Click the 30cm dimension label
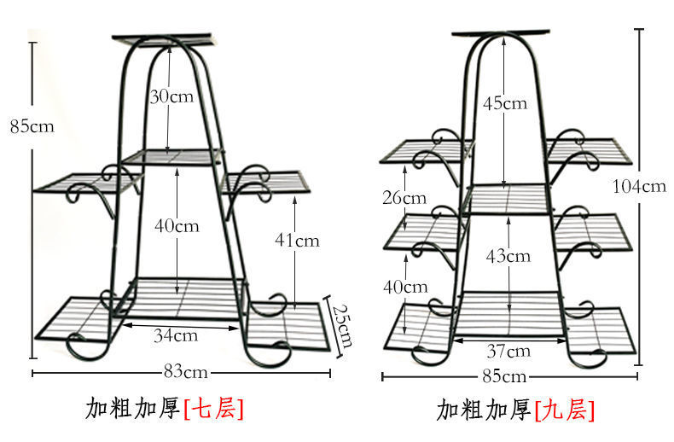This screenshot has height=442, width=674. click(x=171, y=96)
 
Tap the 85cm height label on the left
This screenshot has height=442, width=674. click(x=32, y=126)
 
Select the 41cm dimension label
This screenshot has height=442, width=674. click(x=298, y=241)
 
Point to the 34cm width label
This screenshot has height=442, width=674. click(x=176, y=334)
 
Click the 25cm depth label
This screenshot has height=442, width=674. click(x=340, y=324)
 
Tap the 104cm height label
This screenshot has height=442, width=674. click(x=639, y=186)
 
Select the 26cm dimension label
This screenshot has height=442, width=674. click(x=404, y=198)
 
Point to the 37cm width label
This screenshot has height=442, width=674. click(x=508, y=351)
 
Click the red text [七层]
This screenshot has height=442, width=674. click(x=213, y=409)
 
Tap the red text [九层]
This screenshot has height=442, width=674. click(x=565, y=410)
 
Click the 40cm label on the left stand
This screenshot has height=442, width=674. click(x=177, y=225)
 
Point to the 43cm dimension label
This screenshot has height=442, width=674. click(x=508, y=255)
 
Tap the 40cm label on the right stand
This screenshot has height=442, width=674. click(x=404, y=287)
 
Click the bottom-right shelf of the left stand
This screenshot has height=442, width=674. click(x=290, y=324)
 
